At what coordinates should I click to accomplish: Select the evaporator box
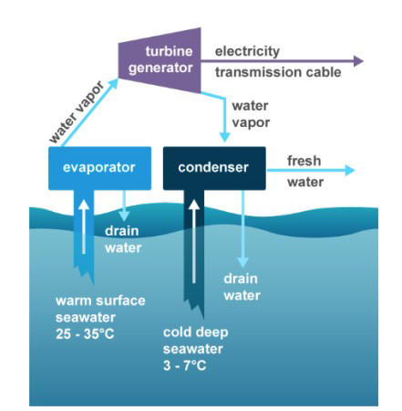pyautogui.click(x=99, y=168)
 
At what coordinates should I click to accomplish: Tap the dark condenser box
pyautogui.click(x=214, y=168)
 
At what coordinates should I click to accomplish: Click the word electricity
pyautogui.click(x=247, y=52)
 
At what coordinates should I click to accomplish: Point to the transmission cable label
pyautogui.click(x=278, y=72)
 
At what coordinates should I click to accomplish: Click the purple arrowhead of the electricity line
pyautogui.click(x=358, y=61)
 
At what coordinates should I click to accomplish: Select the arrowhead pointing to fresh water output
pyautogui.click(x=350, y=170)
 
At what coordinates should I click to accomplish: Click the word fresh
pyautogui.click(x=304, y=161)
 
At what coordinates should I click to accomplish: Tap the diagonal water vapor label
pyautogui.click(x=77, y=112)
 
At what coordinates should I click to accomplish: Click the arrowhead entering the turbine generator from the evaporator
pyautogui.click(x=113, y=82)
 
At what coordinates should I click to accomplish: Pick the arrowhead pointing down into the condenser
pyautogui.click(x=224, y=137)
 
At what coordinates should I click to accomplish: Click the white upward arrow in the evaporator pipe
pyautogui.click(x=84, y=227)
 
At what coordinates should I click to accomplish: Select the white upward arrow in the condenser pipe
pyautogui.click(x=194, y=241)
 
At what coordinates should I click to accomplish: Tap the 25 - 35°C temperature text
pyautogui.click(x=85, y=334)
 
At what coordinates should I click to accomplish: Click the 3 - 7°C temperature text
pyautogui.click(x=184, y=365)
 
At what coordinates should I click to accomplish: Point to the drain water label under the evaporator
pyautogui.click(x=123, y=239)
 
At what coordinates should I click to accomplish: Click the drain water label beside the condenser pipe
pyautogui.click(x=242, y=287)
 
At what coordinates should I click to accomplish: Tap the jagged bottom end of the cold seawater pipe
pyautogui.click(x=194, y=308)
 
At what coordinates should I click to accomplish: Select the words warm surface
pyautogui.click(x=100, y=300)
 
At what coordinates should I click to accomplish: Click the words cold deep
pyautogui.click(x=196, y=332)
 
